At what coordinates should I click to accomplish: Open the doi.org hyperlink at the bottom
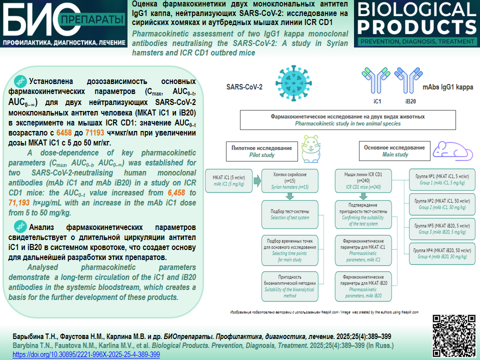(x=86, y=354)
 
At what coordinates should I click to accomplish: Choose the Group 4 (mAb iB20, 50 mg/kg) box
(x=442, y=252)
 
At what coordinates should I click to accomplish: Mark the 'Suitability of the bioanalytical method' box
(x=290, y=286)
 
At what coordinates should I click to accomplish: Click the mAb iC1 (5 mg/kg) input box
(x=231, y=179)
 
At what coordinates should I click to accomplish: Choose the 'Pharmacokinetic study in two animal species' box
(x=347, y=120)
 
